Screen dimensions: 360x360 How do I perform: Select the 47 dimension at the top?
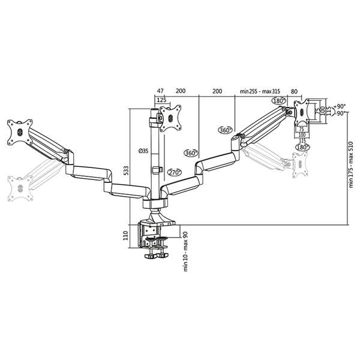(161, 91)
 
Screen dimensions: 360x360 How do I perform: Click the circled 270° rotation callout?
(176, 172)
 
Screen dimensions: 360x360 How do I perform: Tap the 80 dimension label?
(294, 91)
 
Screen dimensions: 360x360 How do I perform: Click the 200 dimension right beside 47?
(180, 91)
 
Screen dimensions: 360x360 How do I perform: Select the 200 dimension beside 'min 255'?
(217, 91)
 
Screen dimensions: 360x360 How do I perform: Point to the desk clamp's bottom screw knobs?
(155, 256)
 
